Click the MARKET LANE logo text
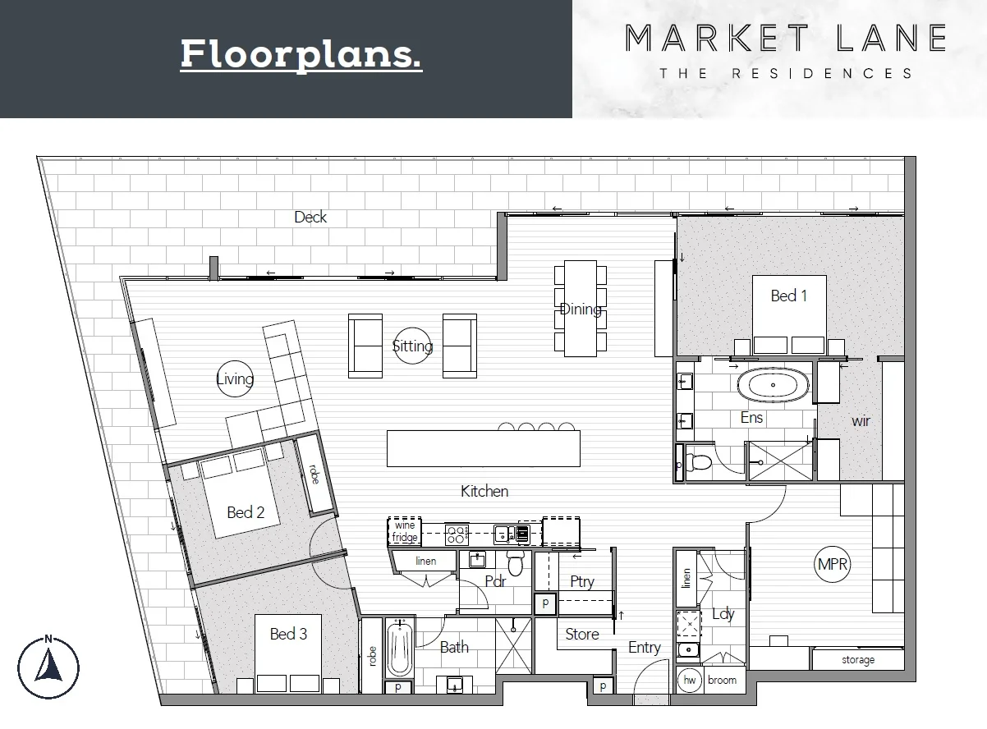(x=786, y=38)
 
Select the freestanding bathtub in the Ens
(x=774, y=386)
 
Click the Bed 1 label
(x=788, y=296)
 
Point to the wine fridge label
(x=406, y=531)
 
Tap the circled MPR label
(x=833, y=565)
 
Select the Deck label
(x=310, y=217)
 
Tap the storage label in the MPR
(x=857, y=660)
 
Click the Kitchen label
(x=484, y=491)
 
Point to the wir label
(x=861, y=420)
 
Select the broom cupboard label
(x=722, y=680)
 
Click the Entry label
(x=644, y=648)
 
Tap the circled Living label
(x=235, y=378)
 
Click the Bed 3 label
(x=288, y=634)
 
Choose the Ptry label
(x=581, y=581)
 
